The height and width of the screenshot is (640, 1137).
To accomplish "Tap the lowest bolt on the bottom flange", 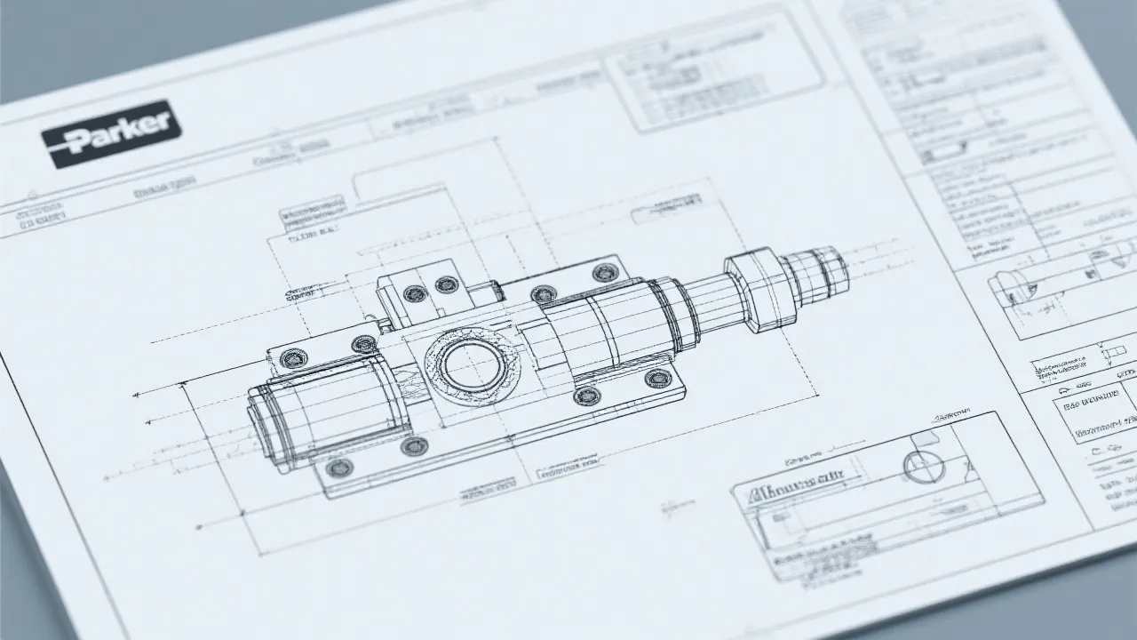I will tap(338, 468).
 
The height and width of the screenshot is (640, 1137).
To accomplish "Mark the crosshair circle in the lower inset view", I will tap(921, 465).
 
